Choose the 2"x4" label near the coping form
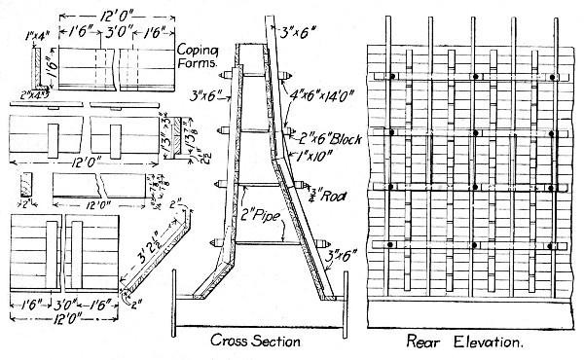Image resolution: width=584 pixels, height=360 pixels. pyautogui.click(x=32, y=94)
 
